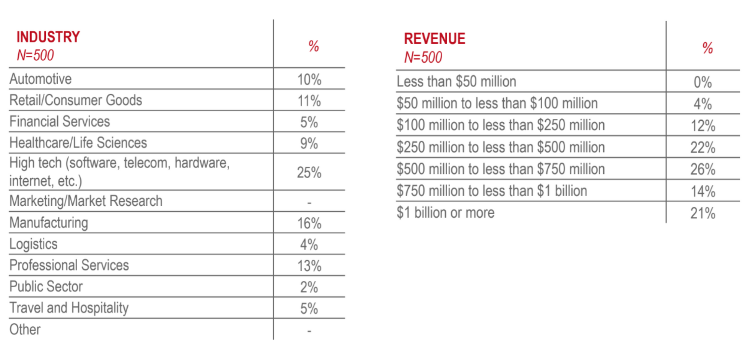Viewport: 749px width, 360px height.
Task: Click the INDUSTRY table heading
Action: pyautogui.click(x=48, y=37)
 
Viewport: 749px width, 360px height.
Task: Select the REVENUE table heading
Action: pyautogui.click(x=434, y=39)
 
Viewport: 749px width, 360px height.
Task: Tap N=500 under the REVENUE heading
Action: pyautogui.click(x=423, y=57)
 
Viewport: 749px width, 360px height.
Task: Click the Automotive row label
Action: pyautogui.click(x=40, y=79)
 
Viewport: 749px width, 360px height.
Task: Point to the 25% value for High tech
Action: pyautogui.click(x=309, y=173)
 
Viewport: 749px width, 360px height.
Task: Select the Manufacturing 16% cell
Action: pyautogui.click(x=309, y=223)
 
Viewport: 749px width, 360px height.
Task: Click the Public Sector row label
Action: pyautogui.click(x=46, y=287)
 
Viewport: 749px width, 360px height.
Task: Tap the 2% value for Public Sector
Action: pyautogui.click(x=309, y=287)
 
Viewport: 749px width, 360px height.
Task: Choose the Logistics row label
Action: pyautogui.click(x=33, y=244)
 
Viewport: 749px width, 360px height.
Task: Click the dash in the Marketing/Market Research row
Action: pyautogui.click(x=309, y=203)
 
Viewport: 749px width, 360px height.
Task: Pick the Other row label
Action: pyautogui.click(x=25, y=330)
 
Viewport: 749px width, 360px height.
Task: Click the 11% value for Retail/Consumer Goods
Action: pyautogui.click(x=309, y=101)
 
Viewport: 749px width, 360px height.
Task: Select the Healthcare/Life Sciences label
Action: pyautogui.click(x=78, y=143)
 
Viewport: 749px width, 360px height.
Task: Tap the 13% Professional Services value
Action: pyautogui.click(x=309, y=266)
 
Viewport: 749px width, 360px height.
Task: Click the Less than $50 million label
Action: pyautogui.click(x=456, y=82)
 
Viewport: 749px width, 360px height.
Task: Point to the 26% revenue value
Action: pyautogui.click(x=703, y=169)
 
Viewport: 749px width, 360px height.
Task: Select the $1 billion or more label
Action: pyautogui.click(x=446, y=213)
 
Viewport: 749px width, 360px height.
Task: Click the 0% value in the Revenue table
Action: pyautogui.click(x=703, y=82)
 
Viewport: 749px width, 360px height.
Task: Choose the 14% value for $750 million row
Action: pyautogui.click(x=703, y=191)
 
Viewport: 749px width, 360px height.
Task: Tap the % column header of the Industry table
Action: pyautogui.click(x=313, y=46)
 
